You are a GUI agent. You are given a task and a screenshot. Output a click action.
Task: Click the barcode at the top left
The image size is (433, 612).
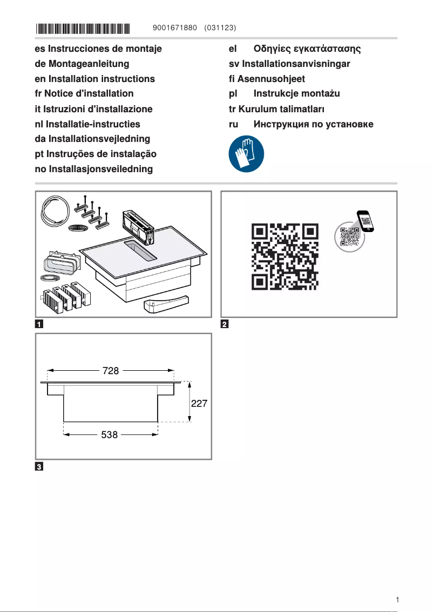click(83, 27)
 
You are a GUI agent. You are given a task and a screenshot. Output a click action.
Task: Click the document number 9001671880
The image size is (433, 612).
click(175, 27)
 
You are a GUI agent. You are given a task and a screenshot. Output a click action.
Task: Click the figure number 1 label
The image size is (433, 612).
click(39, 324)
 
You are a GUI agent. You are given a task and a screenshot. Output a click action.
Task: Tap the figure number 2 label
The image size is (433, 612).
click(225, 324)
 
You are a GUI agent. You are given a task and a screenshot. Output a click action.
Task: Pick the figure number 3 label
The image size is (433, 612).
click(39, 466)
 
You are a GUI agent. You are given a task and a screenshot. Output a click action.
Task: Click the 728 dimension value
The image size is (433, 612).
click(111, 371)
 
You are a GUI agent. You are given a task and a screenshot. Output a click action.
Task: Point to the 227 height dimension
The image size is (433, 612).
click(199, 403)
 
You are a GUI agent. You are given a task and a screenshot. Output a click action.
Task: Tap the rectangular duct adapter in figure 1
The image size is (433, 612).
click(62, 263)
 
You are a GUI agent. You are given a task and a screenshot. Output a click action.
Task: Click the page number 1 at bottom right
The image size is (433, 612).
click(397, 600)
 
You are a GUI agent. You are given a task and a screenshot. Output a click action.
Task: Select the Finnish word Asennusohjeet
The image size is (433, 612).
click(267, 79)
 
